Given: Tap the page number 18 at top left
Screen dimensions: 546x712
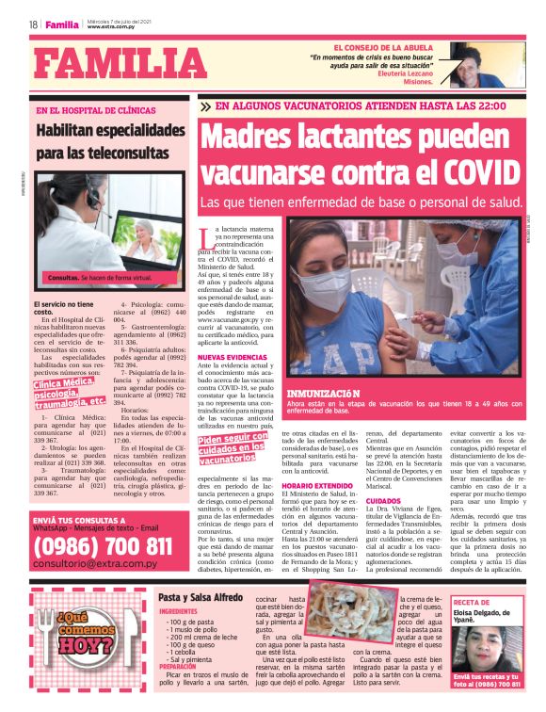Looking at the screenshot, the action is pos(33,24).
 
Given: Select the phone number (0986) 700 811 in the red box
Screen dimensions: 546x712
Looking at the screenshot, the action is pos(102,546).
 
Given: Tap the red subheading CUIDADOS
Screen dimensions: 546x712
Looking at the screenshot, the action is pos(383,502).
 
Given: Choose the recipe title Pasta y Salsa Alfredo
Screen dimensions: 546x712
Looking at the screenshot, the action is pos(201,597).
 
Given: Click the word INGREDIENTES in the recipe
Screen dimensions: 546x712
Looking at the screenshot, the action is pos(180,610).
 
